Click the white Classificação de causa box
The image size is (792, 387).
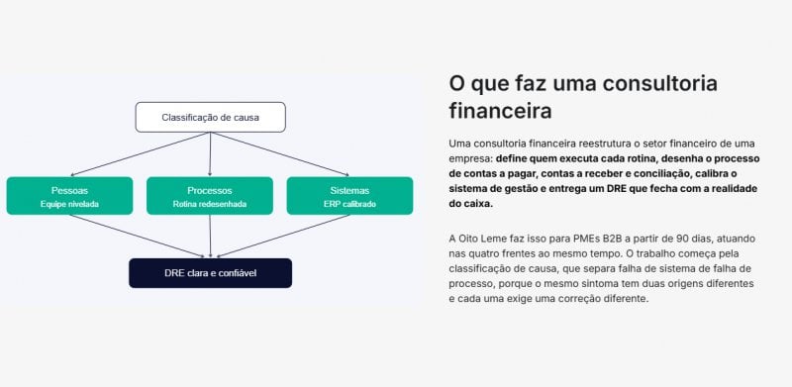210,117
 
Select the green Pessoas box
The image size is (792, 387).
69,196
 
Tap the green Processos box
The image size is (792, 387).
210,196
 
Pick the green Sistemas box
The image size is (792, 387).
349,196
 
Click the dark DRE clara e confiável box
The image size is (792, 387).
210,273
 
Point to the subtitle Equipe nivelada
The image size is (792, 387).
69,205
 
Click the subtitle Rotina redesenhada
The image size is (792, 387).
210,205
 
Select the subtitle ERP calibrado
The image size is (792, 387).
349,205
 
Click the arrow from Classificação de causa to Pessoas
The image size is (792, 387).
140,154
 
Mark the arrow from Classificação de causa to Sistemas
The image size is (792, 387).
280,154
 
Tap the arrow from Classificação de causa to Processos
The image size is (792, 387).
210,154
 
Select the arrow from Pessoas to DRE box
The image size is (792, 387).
138,236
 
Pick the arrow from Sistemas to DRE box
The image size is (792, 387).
283,236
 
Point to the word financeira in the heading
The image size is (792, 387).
500,111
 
